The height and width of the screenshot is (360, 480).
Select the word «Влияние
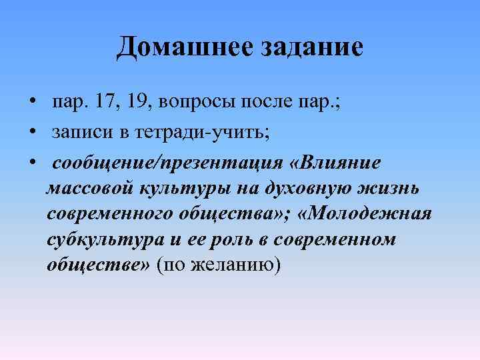[x=341, y=163]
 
